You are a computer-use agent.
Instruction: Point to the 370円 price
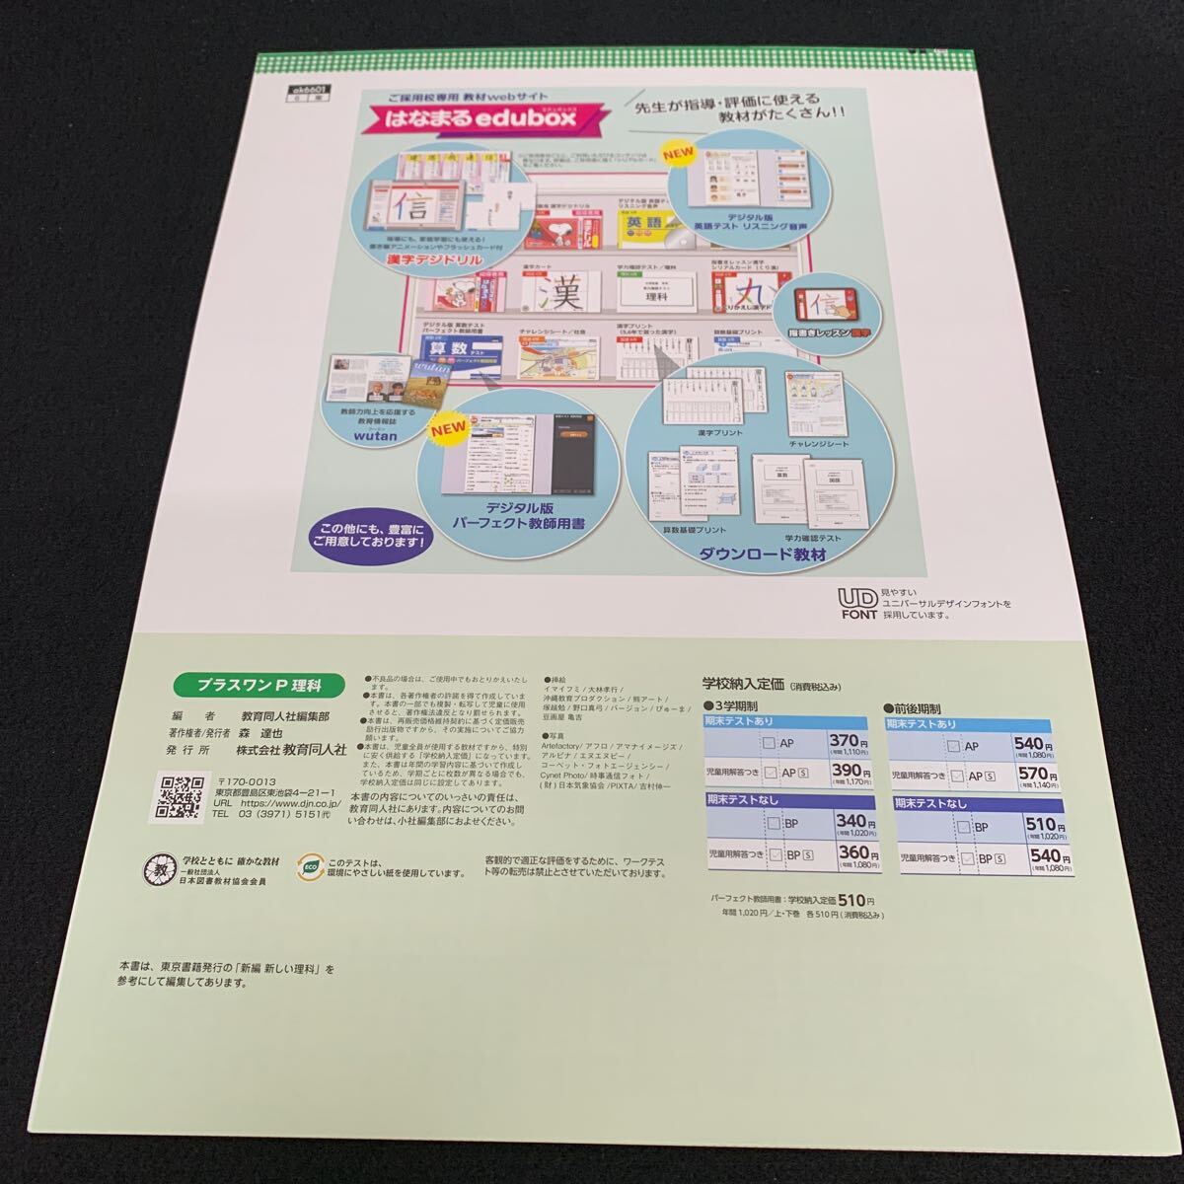coord(847,742)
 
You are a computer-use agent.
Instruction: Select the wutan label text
coord(376,431)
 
